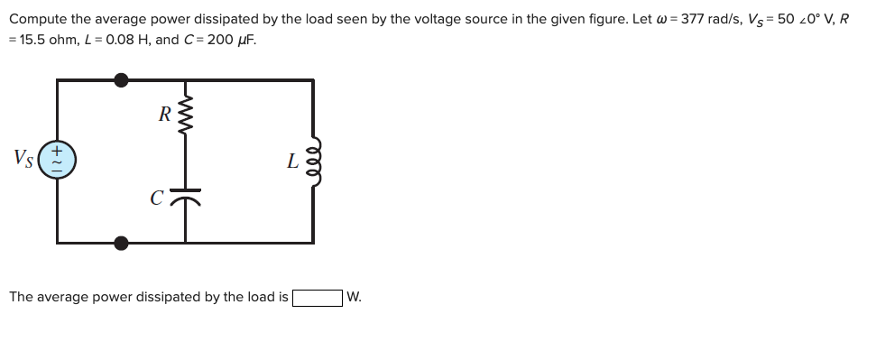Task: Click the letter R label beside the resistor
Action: coord(163,115)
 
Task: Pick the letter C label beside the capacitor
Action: coord(158,195)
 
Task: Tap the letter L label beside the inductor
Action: coord(290,162)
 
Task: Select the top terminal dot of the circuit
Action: coord(121,79)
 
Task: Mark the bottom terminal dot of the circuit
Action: coord(121,242)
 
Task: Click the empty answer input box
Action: coord(317,297)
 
